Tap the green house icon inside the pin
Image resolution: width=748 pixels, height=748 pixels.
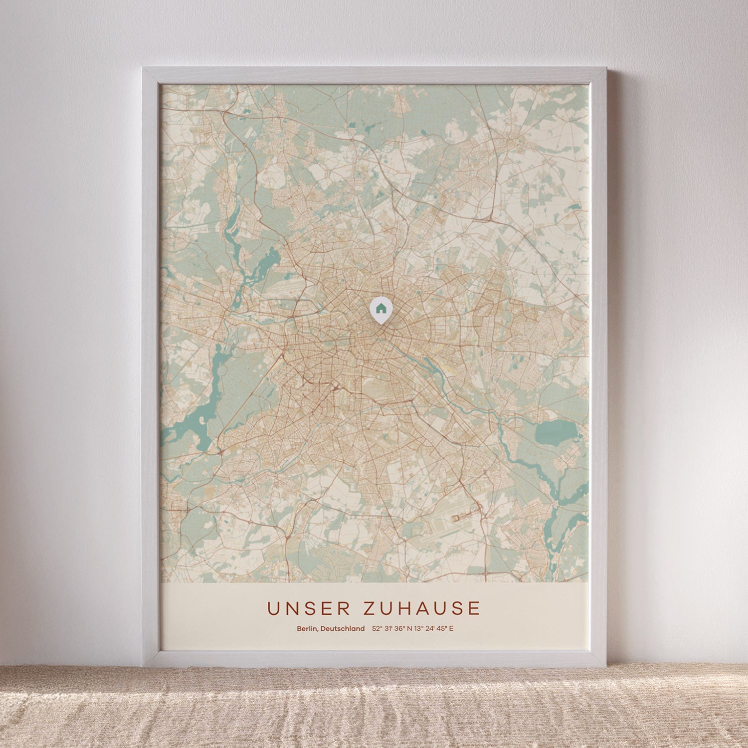click(x=380, y=308)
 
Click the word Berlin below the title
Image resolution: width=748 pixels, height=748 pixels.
click(x=307, y=629)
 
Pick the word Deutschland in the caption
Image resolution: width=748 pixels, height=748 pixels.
click(x=343, y=629)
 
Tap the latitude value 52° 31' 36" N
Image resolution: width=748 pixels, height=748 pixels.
click(x=392, y=629)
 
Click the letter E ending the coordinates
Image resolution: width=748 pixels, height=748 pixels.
click(x=452, y=629)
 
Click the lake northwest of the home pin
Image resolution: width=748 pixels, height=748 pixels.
click(x=268, y=261)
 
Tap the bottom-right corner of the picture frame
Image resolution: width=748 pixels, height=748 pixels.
click(x=605, y=666)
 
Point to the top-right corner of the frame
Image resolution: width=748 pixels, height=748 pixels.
click(x=605, y=69)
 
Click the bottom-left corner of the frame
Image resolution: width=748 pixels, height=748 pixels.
click(x=144, y=666)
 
